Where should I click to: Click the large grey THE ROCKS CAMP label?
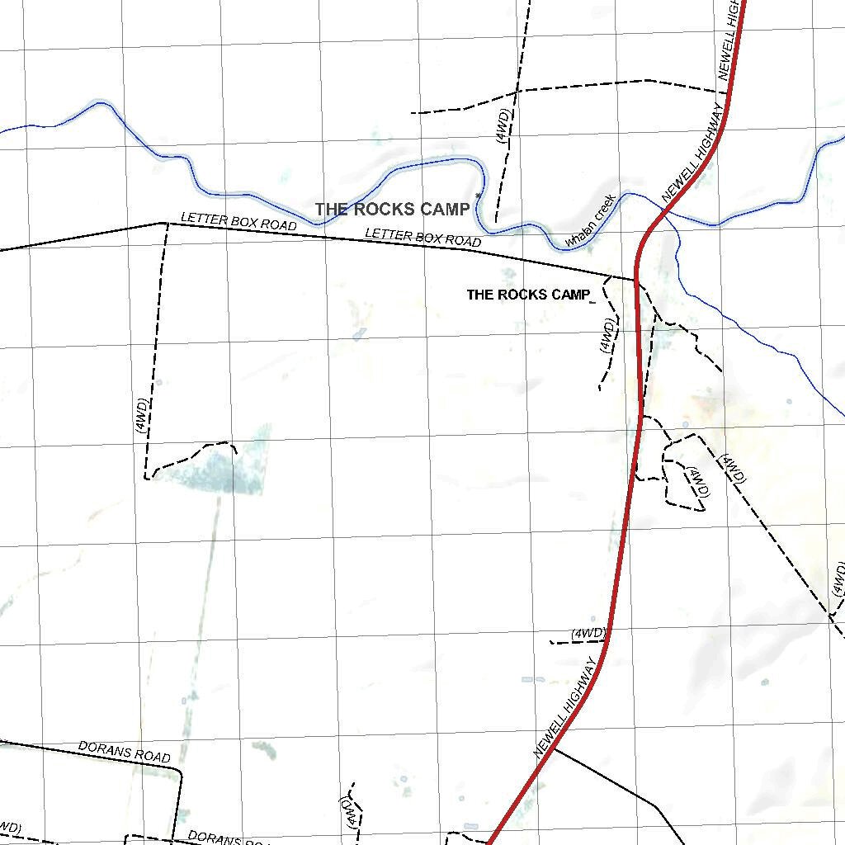[x=392, y=210]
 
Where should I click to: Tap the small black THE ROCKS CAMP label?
[x=528, y=295]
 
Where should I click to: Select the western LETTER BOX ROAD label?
[x=238, y=222]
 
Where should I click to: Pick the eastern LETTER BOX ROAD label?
[x=422, y=238]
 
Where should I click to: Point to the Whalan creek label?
[x=590, y=221]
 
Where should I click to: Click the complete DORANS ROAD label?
[x=125, y=752]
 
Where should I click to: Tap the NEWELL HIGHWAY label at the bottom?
[x=565, y=707]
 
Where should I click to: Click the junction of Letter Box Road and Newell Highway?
[x=635, y=280]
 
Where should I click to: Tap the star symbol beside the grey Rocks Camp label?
[x=478, y=196]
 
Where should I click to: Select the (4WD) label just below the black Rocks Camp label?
[x=607, y=337]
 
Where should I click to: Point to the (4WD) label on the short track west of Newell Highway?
[x=588, y=634]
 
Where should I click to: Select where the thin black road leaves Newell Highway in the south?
[x=554, y=749]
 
